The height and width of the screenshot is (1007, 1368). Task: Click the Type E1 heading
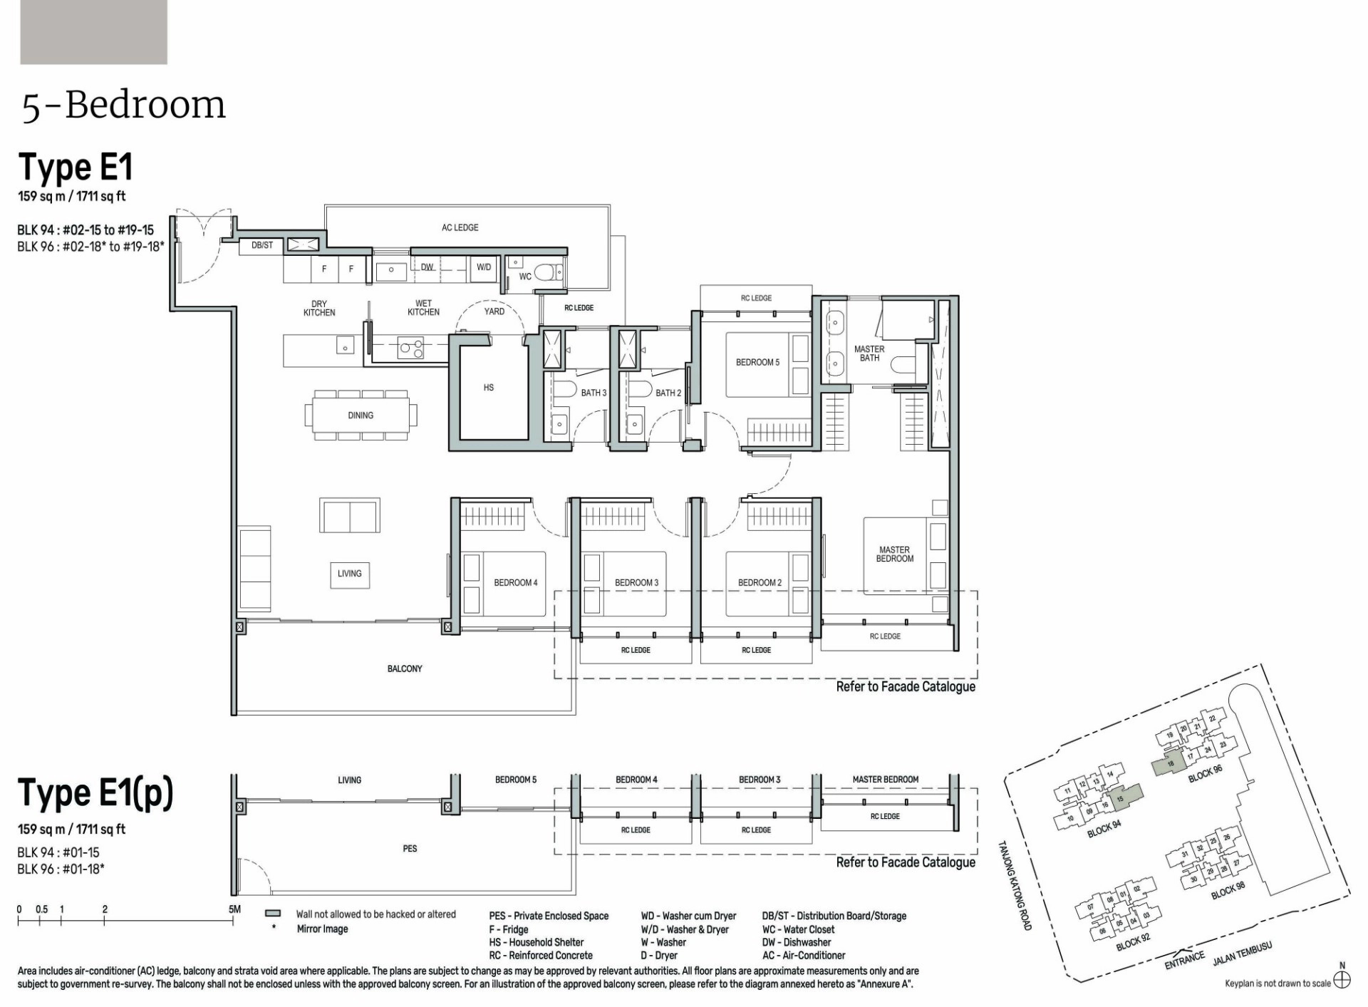tap(76, 167)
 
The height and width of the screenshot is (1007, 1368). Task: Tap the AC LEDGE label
tap(460, 227)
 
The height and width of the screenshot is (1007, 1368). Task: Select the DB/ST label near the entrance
tap(262, 245)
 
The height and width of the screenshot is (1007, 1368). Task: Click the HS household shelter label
tap(489, 388)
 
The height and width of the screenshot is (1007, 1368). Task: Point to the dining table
tap(361, 415)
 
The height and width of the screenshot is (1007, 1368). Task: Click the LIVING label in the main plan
tap(350, 574)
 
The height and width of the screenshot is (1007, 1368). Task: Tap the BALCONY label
tap(405, 668)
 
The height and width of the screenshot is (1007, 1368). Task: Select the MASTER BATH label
tap(869, 353)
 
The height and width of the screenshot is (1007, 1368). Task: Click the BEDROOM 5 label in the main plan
tap(757, 362)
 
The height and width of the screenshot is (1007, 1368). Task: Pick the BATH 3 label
tap(594, 393)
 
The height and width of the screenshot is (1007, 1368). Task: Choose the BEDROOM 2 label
tap(760, 583)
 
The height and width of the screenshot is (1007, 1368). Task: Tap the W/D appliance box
tap(484, 267)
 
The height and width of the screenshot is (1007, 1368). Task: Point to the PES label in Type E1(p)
tap(410, 849)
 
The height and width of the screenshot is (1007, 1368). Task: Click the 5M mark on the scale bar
tap(234, 909)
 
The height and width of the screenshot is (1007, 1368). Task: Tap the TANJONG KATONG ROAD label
tap(1014, 886)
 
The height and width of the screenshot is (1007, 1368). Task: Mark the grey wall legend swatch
tap(272, 914)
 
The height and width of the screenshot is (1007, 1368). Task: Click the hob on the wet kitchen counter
tap(411, 348)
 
